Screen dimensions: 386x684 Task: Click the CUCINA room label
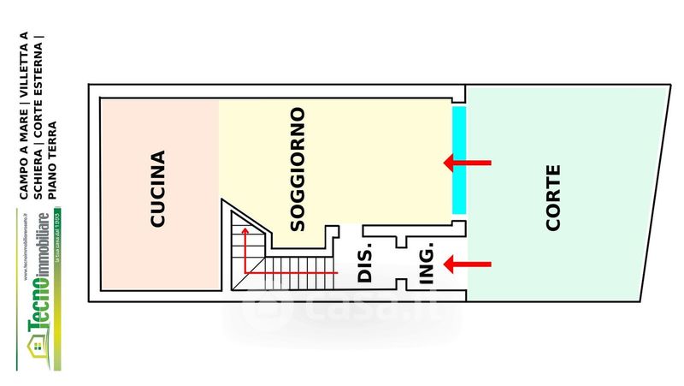[157, 189]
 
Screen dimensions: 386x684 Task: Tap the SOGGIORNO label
[298, 169]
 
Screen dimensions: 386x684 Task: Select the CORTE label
[553, 198]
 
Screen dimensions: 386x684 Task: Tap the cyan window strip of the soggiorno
[459, 160]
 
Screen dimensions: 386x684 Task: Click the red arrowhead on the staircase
[245, 232]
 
